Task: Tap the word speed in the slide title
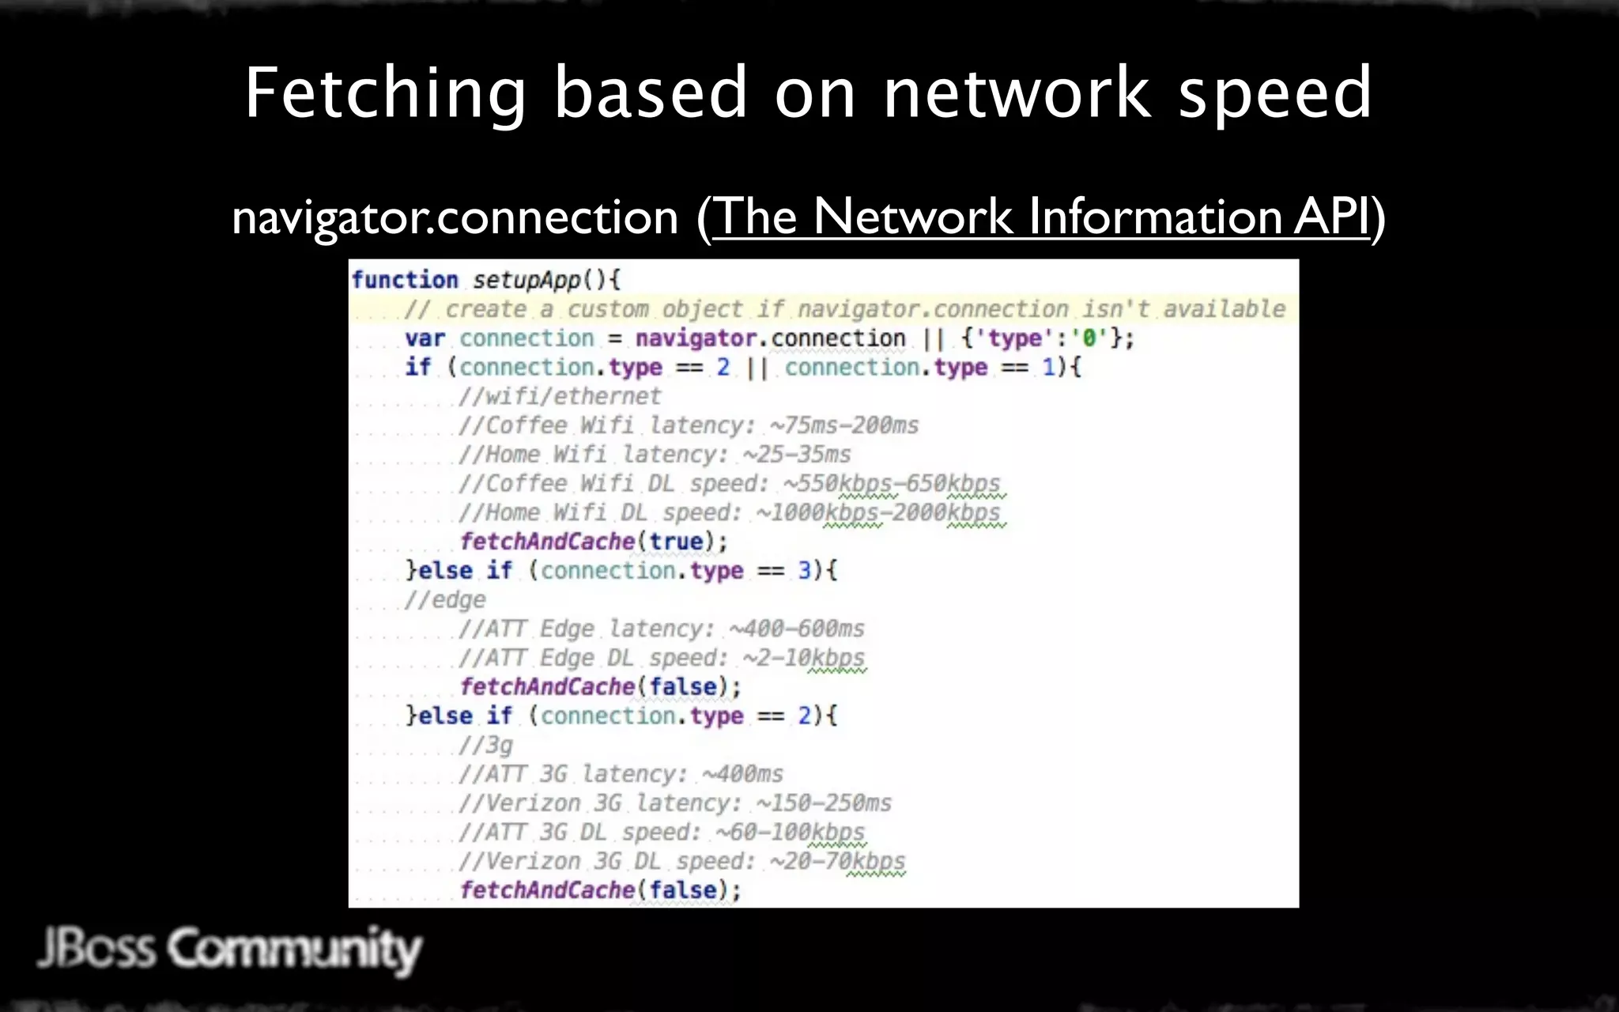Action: pos(1274,95)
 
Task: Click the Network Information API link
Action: pos(1040,217)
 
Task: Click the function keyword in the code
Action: pos(405,280)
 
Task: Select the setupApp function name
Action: pos(526,280)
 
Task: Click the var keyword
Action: pos(425,338)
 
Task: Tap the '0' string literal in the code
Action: pos(1089,338)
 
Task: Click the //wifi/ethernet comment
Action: pos(560,396)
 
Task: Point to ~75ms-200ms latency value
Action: pos(843,425)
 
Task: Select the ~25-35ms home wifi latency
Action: pos(796,455)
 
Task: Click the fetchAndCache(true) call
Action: pos(593,542)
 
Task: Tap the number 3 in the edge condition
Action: pos(804,570)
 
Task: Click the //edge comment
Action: pos(445,599)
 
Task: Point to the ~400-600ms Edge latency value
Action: pos(796,629)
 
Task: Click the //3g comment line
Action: pos(486,745)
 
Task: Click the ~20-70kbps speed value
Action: pos(837,861)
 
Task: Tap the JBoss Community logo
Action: pos(229,949)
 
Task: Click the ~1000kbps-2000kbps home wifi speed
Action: pos(877,512)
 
